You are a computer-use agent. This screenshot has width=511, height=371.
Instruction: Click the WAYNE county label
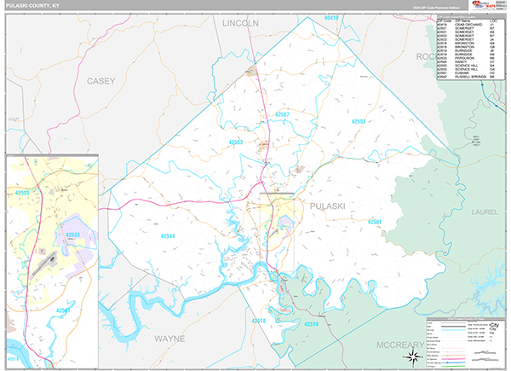point(169,339)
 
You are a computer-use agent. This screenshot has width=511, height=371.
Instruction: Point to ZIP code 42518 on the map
point(257,321)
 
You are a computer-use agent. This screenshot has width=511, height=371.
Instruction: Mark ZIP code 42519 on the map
point(309,325)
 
